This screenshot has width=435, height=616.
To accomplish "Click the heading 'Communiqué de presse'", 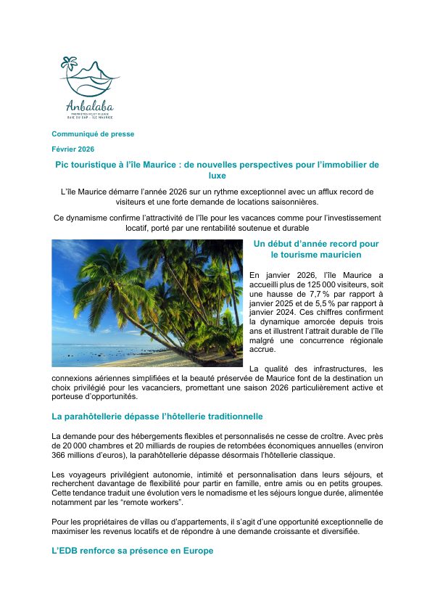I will click(x=92, y=134).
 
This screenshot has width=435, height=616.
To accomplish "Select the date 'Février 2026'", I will click(x=72, y=149).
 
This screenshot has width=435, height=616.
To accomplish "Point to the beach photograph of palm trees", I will click(x=147, y=303).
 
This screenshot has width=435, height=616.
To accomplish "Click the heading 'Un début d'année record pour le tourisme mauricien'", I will click(x=315, y=249).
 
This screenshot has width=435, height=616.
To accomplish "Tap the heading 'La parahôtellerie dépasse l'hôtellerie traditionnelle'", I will click(x=157, y=416).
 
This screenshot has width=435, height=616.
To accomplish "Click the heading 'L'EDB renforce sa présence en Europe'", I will click(x=132, y=551).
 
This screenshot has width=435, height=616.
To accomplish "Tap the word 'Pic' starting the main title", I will click(x=63, y=165).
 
